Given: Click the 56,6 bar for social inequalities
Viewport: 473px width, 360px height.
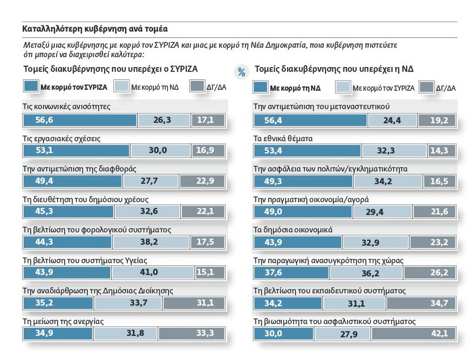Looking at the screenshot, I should click(80, 120).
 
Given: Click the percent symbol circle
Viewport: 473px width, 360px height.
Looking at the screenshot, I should click(241, 72).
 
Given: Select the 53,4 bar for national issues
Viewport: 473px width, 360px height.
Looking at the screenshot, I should click(307, 150).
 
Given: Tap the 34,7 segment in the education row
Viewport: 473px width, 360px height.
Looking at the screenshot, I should click(422, 303).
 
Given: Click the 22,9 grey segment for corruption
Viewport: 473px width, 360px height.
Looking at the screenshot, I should click(202, 181).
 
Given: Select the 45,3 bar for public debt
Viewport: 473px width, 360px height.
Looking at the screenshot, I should click(68, 212).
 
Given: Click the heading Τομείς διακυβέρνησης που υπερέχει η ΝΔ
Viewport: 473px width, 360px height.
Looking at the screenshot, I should click(334, 69).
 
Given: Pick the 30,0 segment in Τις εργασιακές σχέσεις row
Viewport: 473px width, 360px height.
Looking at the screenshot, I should click(158, 150).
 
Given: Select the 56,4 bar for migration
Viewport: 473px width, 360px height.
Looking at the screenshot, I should click(310, 120).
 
